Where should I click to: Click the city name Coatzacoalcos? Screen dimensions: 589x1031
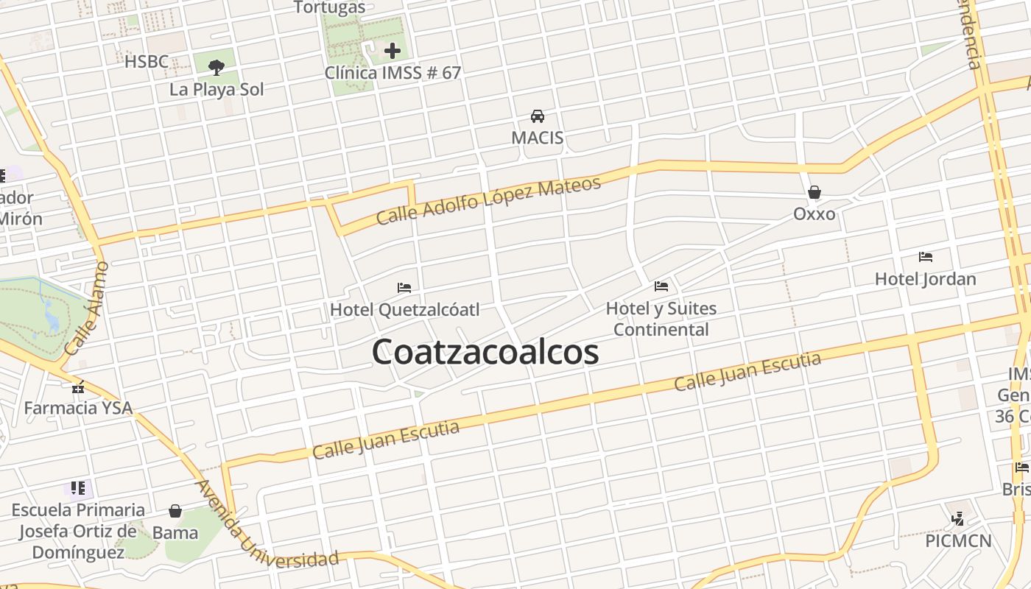(485, 352)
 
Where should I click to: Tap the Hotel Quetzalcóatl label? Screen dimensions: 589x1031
(404, 309)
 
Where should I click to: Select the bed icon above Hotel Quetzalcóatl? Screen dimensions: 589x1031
(404, 288)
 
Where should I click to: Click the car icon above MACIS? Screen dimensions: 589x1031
(538, 116)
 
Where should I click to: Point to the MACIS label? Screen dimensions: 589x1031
(538, 138)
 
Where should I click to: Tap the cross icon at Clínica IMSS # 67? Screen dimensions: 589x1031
(393, 51)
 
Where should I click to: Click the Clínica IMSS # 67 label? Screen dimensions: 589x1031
(393, 73)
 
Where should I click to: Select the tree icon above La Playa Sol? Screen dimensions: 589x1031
(216, 68)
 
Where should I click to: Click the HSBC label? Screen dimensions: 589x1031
(147, 62)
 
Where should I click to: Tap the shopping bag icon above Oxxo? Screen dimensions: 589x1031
(814, 193)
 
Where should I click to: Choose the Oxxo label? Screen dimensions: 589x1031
(814, 214)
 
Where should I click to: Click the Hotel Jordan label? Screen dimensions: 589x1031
(925, 279)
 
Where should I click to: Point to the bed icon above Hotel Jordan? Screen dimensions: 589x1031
(926, 257)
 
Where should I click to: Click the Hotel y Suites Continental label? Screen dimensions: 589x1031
(661, 319)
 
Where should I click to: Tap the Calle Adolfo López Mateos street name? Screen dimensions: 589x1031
(488, 200)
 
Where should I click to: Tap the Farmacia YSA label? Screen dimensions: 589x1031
(78, 408)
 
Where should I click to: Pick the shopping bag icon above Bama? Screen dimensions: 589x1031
(175, 511)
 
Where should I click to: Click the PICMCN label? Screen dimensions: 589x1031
(958, 541)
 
